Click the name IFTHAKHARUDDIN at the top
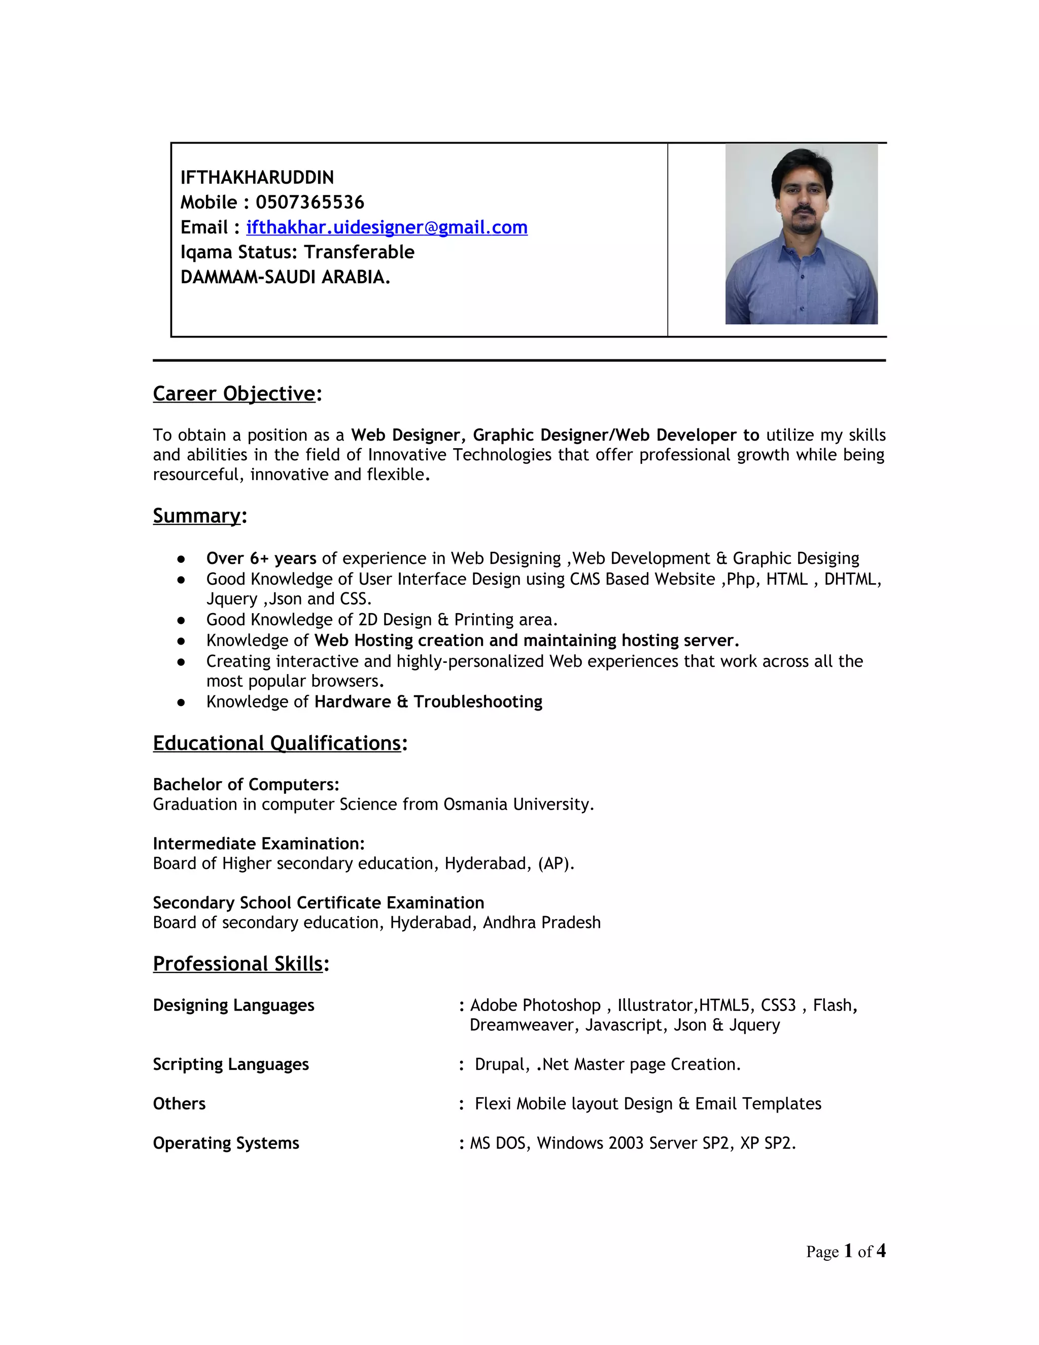click(257, 177)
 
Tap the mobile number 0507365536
click(309, 202)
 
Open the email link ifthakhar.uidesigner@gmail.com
click(387, 227)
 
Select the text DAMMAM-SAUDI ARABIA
click(285, 277)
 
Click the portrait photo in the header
click(801, 234)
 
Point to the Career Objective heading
click(234, 393)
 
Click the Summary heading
click(197, 516)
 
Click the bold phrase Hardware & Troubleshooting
click(428, 701)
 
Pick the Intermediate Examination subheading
click(259, 843)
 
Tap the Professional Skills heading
click(237, 963)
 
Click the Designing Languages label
click(233, 1005)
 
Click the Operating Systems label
click(226, 1143)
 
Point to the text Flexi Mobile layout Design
click(573, 1103)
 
